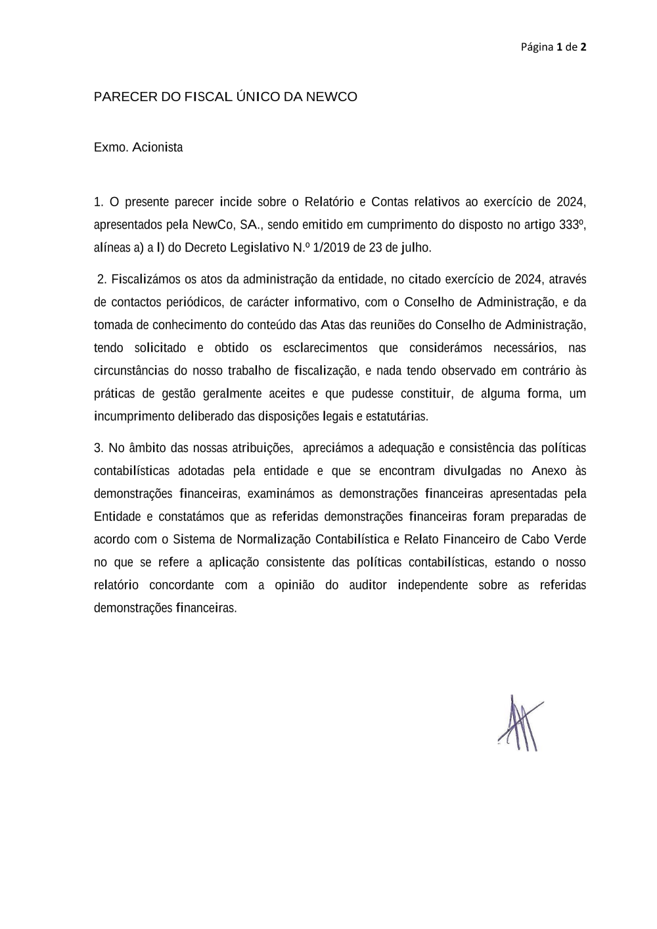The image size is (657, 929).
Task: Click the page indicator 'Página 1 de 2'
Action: pos(553,47)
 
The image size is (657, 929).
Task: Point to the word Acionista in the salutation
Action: pos(158,147)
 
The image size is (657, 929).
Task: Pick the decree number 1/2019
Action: pos(332,248)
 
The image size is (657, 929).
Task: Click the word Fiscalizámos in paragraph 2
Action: pos(146,279)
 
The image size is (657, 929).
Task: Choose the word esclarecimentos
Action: pos(325,348)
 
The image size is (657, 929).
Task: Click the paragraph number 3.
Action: pos(99,448)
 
